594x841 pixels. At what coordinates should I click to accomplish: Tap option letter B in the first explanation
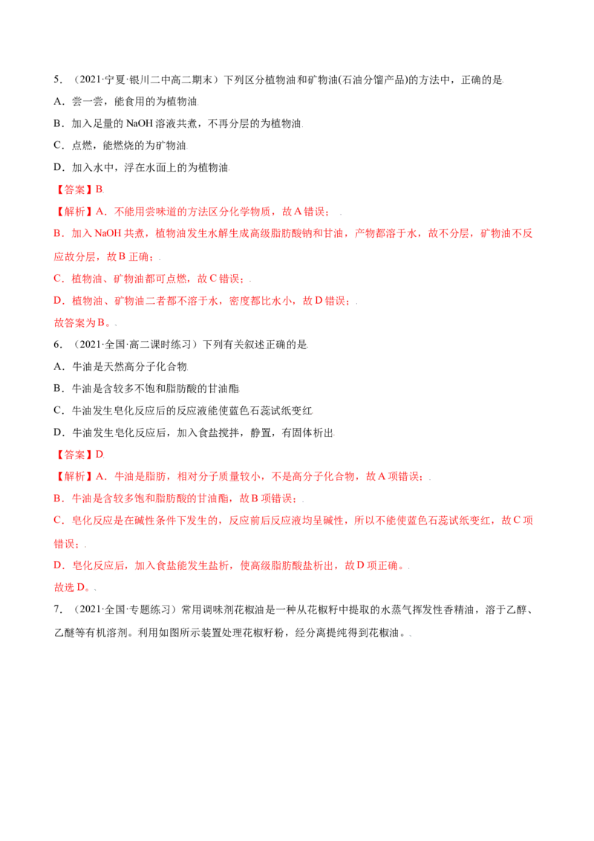56,235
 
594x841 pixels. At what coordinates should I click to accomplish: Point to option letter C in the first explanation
56,280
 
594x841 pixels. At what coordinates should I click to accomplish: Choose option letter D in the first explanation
56,302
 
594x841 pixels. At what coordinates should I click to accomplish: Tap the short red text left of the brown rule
82,324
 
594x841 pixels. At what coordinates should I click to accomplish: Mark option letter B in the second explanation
56,499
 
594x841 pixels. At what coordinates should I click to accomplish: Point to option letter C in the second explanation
56,522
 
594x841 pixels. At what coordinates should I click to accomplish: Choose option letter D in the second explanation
56,566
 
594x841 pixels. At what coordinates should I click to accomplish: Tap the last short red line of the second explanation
71,588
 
